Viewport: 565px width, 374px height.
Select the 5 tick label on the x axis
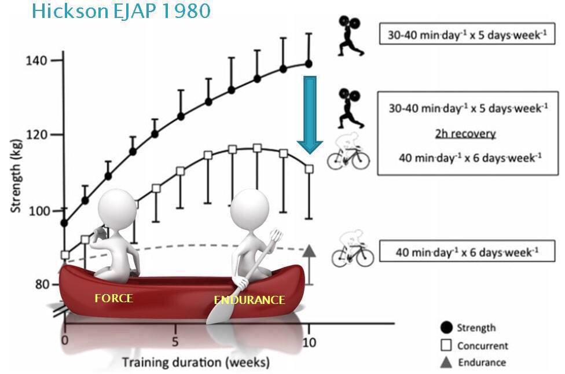[175, 342]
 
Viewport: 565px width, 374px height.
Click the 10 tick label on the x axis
[309, 342]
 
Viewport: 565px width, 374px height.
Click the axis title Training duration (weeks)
[195, 363]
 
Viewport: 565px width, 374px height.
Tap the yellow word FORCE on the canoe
[113, 298]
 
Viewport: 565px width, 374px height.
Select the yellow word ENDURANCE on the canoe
[250, 300]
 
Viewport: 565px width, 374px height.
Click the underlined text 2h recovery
[465, 134]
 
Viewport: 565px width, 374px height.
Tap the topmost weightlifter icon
[351, 36]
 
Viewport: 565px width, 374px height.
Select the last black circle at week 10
[309, 64]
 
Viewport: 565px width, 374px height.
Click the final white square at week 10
[309, 168]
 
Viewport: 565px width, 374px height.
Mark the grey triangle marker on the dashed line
[309, 251]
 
